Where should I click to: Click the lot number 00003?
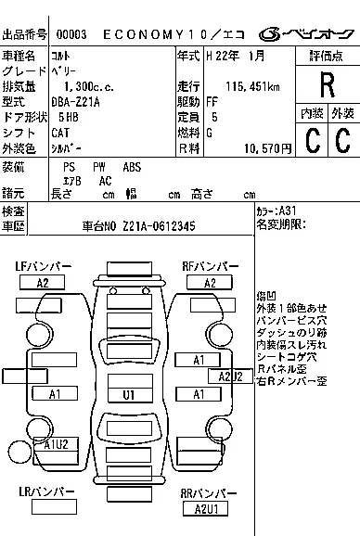(71, 33)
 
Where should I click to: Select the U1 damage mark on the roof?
(129, 393)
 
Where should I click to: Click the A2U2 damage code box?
(230, 376)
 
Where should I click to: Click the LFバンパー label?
(43, 267)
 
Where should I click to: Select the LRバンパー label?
(43, 492)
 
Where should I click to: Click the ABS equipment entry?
(132, 167)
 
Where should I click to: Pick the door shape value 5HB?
(68, 118)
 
